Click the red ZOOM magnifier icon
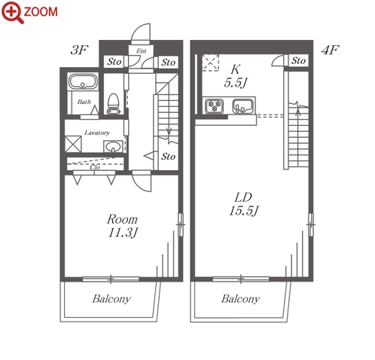tap(12, 12)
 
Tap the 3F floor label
tap(79, 50)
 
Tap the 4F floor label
tap(330, 50)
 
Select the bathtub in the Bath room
tap(83, 81)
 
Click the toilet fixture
tap(114, 104)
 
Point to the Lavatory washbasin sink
tap(113, 146)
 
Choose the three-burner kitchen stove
tap(215, 106)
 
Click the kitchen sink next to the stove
tap(242, 106)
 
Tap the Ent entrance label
tap(142, 51)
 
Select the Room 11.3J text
tap(123, 226)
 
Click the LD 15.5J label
tap(243, 204)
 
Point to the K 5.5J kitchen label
tap(236, 76)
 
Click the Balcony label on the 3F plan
tap(111, 299)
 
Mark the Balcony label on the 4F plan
tap(240, 299)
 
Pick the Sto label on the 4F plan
tap(298, 60)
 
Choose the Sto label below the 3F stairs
tap(168, 157)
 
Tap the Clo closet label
tap(95, 167)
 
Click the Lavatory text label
tap(97, 133)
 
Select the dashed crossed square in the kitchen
tap(211, 63)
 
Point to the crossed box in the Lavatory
tap(73, 144)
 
